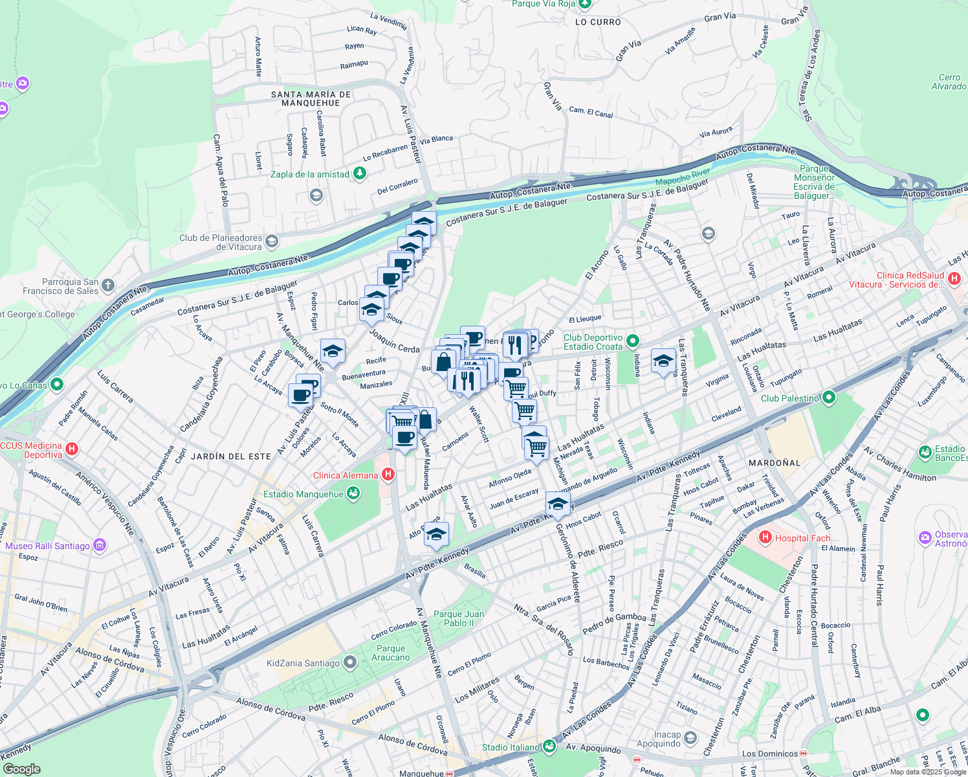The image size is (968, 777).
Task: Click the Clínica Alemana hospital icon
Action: (x=388, y=475)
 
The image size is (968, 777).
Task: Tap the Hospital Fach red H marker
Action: (x=765, y=537)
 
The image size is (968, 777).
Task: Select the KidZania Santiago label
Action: (x=303, y=663)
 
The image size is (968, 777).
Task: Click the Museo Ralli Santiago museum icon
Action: (x=100, y=545)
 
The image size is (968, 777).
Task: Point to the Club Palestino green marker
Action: (x=830, y=398)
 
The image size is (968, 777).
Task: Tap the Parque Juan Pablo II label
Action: (x=459, y=618)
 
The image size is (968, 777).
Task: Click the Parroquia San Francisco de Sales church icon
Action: (x=108, y=285)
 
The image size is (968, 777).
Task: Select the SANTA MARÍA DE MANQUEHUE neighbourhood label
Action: (x=311, y=98)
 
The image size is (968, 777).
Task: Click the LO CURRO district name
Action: (x=598, y=22)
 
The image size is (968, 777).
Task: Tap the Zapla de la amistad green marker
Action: (x=360, y=174)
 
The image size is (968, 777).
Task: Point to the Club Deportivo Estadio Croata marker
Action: (x=633, y=341)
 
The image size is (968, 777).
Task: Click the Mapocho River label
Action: (x=683, y=177)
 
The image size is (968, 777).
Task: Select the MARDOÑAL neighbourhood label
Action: (x=774, y=463)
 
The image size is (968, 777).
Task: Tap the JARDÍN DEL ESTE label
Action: (x=231, y=456)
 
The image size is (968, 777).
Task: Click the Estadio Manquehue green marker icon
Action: (x=353, y=494)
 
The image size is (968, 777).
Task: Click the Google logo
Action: (x=21, y=769)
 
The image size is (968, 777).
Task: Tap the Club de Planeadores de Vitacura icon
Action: (x=272, y=242)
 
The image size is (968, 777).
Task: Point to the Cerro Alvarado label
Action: (x=949, y=82)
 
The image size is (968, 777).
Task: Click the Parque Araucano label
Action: (x=391, y=653)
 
